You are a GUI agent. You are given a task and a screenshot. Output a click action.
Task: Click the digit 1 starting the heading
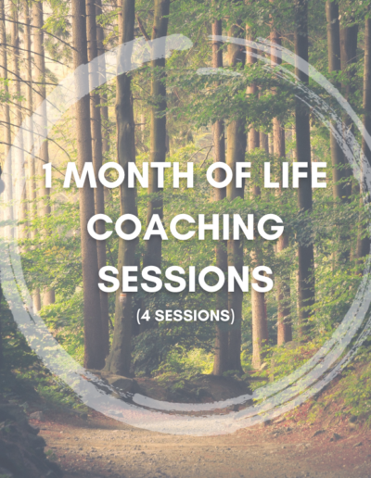click(x=47, y=175)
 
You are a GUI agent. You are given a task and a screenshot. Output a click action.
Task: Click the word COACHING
click(x=185, y=227)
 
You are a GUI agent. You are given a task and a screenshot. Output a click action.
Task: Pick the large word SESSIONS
click(x=185, y=279)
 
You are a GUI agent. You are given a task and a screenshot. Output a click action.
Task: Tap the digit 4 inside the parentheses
click(x=146, y=316)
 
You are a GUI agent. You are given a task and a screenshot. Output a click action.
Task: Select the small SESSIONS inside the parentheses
click(x=192, y=316)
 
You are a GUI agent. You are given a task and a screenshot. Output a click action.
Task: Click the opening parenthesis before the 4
click(x=138, y=316)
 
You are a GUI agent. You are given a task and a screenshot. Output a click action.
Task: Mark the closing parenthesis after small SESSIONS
click(x=232, y=316)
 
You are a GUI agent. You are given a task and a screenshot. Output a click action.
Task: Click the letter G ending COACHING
click(x=272, y=227)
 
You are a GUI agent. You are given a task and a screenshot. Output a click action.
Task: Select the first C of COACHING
click(x=99, y=227)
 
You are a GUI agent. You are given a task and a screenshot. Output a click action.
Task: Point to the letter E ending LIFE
click(x=318, y=175)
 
